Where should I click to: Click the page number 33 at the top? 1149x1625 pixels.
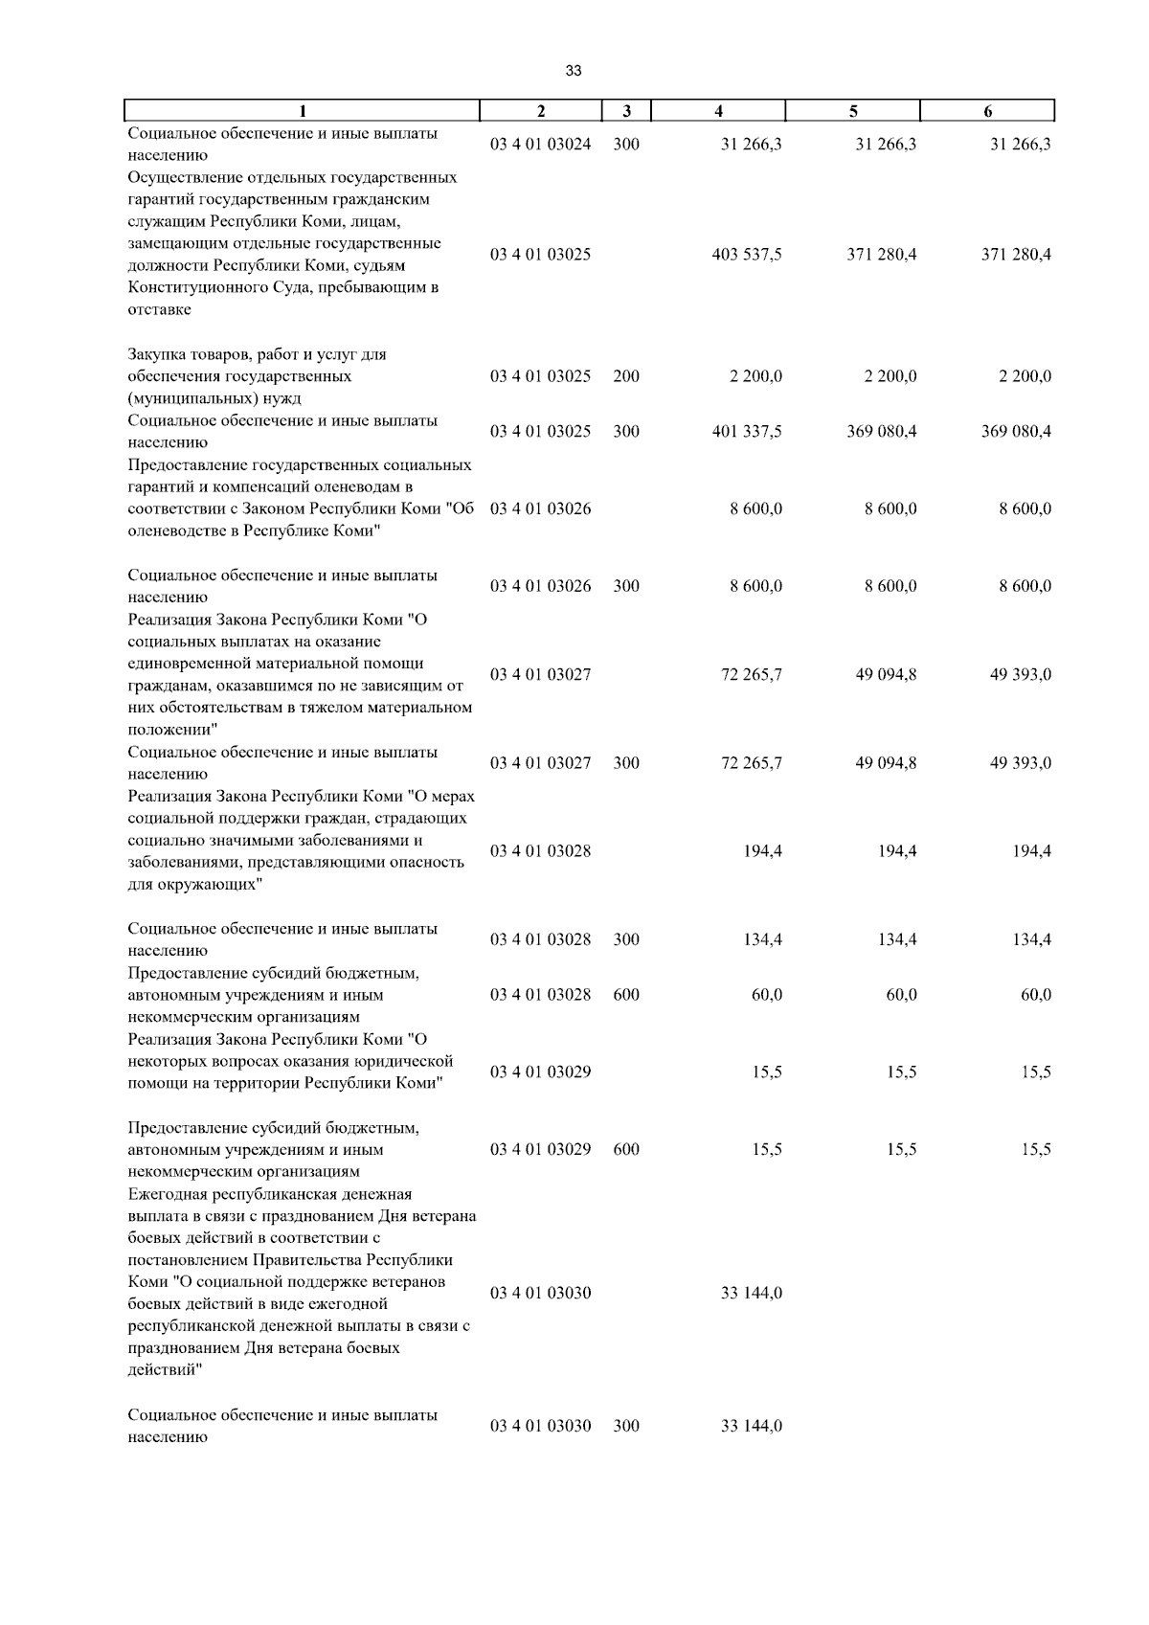[574, 71]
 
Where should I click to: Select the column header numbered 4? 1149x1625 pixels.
[718, 110]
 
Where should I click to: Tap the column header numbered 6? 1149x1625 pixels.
[987, 110]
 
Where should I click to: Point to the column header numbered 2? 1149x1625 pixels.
[541, 110]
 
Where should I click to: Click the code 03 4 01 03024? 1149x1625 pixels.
[540, 145]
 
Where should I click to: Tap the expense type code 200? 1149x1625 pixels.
[626, 376]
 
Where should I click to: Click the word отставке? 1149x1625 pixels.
[159, 309]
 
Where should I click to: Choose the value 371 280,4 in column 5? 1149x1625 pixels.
[881, 255]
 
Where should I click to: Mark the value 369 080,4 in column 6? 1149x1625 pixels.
[1016, 432]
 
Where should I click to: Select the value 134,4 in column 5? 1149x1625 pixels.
[897, 940]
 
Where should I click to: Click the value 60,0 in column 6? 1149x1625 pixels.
[1035, 995]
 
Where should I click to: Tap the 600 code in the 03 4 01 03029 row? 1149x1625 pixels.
[626, 1150]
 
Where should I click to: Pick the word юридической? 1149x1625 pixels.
[408, 1061]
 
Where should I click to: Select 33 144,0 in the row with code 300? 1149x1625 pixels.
[751, 1427]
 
